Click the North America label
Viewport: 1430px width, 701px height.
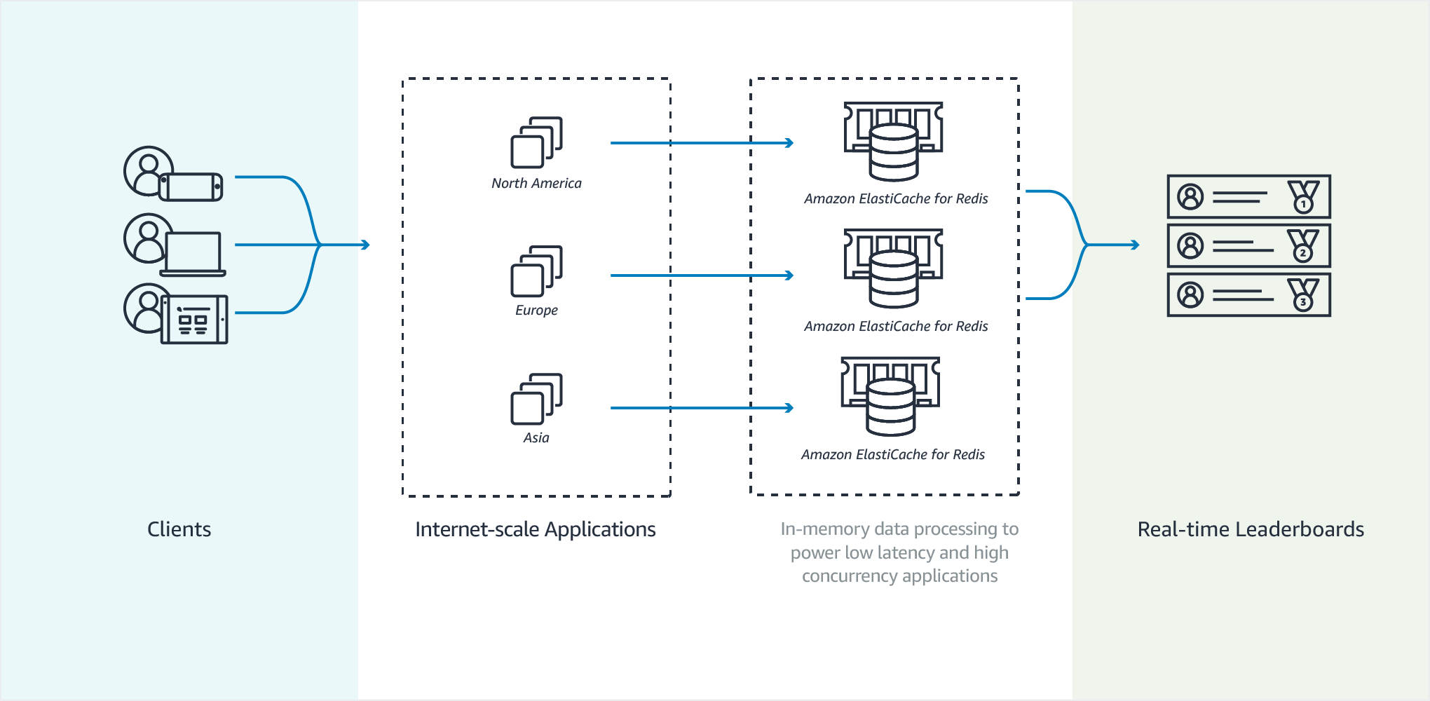pos(536,183)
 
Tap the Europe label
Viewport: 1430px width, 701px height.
pos(536,310)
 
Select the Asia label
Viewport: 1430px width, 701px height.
pos(536,437)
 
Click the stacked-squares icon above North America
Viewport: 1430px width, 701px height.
pos(536,142)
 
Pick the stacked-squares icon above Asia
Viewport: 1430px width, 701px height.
pos(536,399)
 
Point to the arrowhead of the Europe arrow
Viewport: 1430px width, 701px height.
pos(789,275)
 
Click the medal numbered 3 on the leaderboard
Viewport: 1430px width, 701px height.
pos(1303,295)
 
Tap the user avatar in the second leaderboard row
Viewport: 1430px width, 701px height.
pos(1190,246)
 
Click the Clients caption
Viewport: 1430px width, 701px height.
pos(179,529)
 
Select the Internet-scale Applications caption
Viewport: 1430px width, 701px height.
pos(535,529)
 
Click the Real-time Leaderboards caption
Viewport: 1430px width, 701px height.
pos(1251,529)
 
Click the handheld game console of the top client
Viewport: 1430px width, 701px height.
pos(191,187)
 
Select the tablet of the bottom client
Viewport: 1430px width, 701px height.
pos(194,320)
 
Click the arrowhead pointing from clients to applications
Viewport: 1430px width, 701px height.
pos(365,245)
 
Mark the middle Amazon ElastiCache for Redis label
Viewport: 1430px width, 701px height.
pos(896,326)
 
